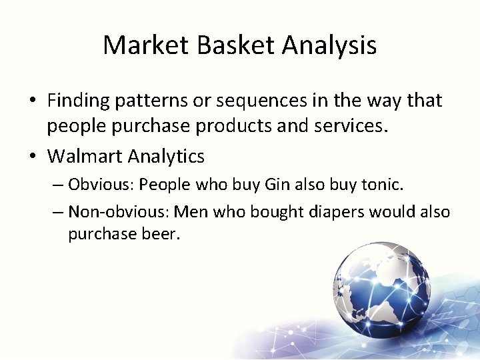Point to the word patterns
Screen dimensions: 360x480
[148, 101]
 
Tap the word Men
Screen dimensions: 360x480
[188, 212]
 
